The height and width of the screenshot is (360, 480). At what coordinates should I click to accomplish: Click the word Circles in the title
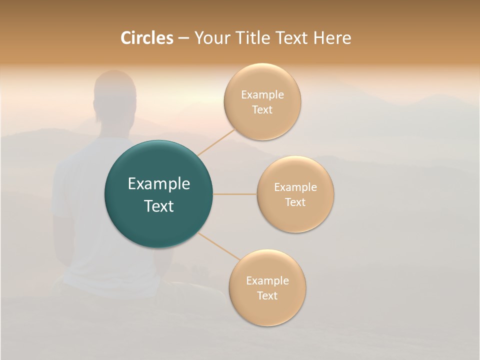click(146, 38)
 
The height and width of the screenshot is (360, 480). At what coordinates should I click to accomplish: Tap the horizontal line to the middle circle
click(235, 194)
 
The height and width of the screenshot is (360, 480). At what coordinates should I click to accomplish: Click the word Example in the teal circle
click(158, 184)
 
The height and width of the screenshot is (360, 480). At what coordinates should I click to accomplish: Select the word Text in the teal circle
click(158, 206)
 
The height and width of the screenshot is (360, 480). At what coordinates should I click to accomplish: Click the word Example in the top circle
click(262, 95)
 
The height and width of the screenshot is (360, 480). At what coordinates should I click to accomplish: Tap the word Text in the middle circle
click(295, 202)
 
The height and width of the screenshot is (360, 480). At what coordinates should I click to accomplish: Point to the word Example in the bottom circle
click(267, 280)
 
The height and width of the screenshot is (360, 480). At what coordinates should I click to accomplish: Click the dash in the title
click(183, 38)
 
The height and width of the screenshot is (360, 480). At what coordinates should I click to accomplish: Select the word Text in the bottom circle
click(267, 295)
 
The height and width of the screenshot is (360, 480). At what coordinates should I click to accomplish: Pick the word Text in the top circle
click(262, 109)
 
